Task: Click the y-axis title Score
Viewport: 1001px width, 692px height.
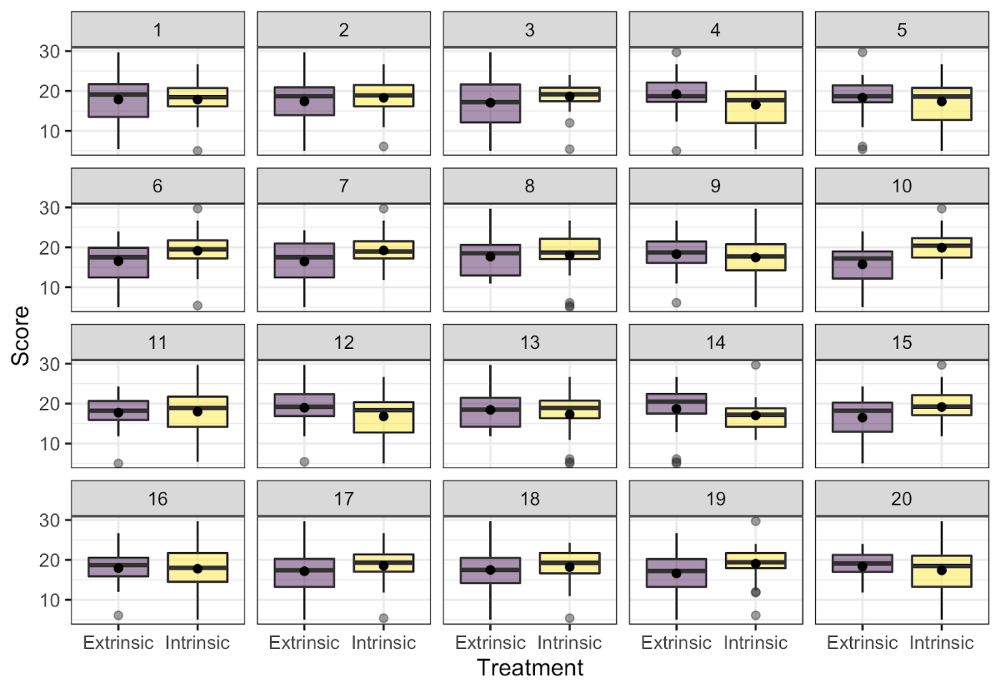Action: [21, 336]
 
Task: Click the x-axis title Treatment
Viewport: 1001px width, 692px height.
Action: [530, 668]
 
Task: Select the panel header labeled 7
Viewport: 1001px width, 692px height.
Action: [344, 186]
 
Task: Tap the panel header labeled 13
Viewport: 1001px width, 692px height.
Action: [530, 342]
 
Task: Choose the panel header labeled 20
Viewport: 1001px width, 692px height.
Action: [902, 498]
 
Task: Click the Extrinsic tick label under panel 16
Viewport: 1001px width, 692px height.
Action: [119, 643]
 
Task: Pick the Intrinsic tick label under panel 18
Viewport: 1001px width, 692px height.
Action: [569, 643]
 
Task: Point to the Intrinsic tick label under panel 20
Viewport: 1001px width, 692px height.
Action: [942, 643]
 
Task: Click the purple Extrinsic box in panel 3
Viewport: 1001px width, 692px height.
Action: [490, 103]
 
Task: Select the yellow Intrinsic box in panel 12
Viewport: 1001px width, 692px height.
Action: [383, 417]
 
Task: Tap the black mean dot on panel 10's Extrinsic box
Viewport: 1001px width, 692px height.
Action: [862, 265]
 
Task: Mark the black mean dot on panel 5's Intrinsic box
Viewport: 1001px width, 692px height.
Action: [942, 102]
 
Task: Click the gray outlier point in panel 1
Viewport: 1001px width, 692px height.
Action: [197, 151]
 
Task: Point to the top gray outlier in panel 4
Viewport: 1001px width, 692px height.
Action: [676, 52]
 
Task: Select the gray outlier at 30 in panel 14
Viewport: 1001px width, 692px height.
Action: [756, 365]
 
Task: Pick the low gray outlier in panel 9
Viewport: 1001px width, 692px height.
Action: [676, 303]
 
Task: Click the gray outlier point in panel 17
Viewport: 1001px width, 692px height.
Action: [383, 618]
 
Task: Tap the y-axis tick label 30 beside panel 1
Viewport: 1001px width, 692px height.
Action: [49, 51]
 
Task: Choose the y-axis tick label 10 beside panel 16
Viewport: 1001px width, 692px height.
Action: [49, 600]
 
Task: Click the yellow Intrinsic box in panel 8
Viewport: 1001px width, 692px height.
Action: [569, 249]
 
